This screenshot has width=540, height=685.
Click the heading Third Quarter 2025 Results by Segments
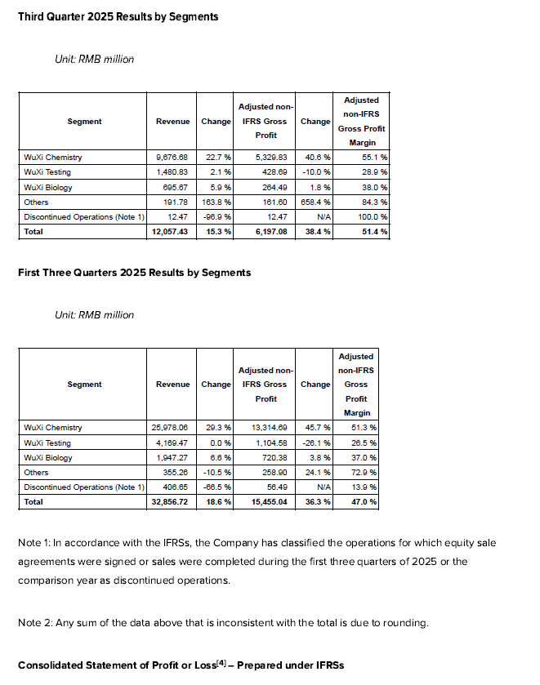tap(118, 16)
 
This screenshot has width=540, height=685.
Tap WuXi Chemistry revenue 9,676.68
tap(172, 157)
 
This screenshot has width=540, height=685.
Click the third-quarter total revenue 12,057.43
tap(170, 232)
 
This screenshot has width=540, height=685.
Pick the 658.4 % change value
tap(315, 202)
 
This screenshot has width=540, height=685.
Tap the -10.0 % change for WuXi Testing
tap(315, 171)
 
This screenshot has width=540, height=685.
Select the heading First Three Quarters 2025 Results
tap(134, 272)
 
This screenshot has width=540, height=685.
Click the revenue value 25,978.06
tap(170, 427)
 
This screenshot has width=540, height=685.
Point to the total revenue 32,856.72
tap(170, 502)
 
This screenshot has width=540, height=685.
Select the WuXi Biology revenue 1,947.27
tap(172, 457)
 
